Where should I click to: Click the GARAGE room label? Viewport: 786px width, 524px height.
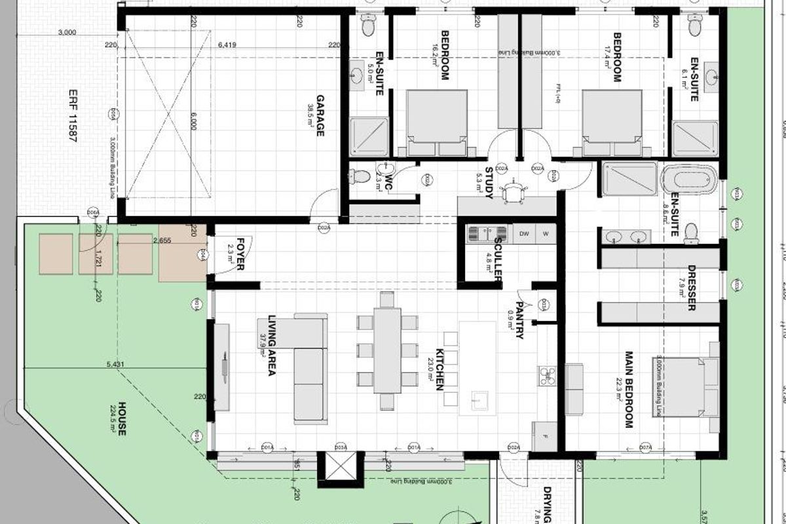click(320, 116)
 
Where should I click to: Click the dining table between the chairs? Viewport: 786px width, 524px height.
click(386, 350)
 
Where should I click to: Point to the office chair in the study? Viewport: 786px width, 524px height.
click(512, 191)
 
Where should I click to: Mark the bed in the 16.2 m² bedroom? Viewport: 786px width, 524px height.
click(437, 123)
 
